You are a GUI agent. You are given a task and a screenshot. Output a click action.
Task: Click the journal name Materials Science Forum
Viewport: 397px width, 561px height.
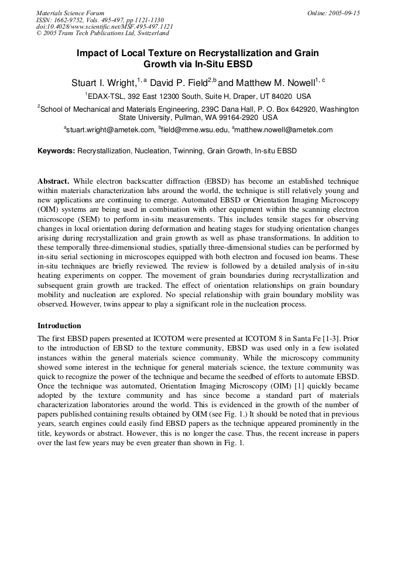point(70,13)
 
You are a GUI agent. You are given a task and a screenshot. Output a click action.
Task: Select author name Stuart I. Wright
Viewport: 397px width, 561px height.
point(104,84)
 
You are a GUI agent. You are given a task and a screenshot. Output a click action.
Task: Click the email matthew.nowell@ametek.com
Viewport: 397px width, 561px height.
point(284,130)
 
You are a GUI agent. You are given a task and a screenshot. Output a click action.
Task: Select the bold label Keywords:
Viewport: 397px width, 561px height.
point(56,151)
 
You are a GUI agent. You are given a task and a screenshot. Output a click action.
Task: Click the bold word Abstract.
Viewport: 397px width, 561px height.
point(54,182)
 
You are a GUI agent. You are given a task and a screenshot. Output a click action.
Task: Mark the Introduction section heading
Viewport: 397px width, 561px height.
point(59,326)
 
